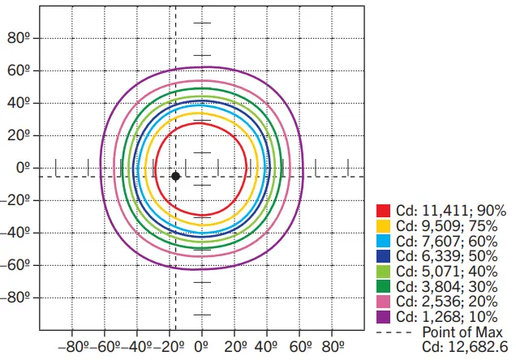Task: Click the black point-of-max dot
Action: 175,176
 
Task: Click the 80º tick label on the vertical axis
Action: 19,38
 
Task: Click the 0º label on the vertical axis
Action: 22,168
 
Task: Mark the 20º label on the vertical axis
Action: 19,135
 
